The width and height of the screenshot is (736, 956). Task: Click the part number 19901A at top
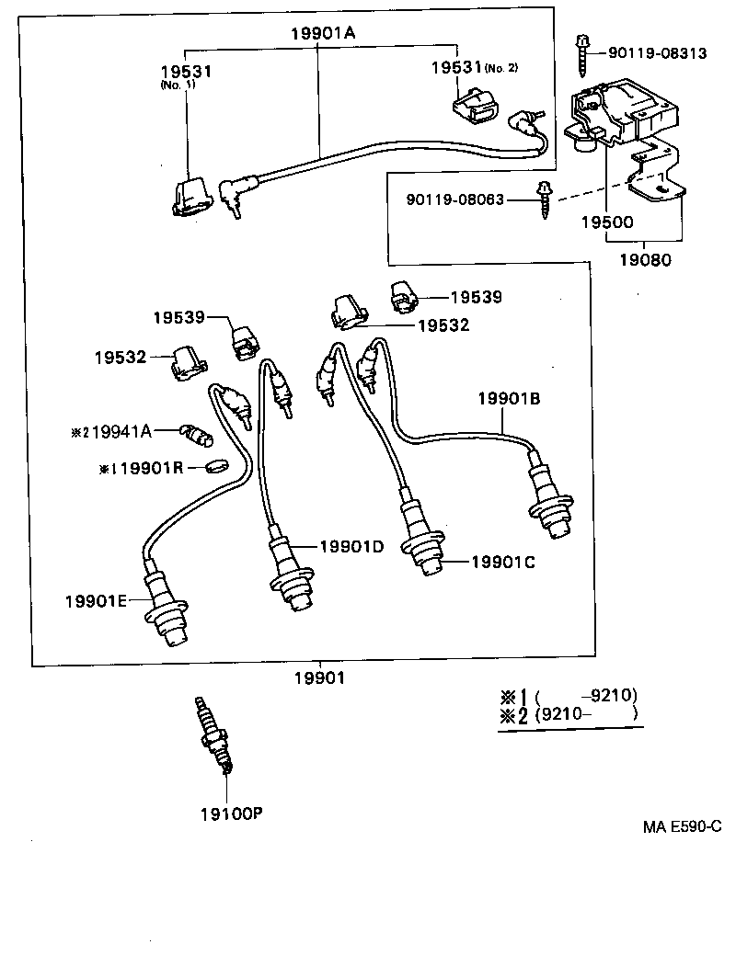[323, 34]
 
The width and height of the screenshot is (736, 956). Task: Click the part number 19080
[644, 259]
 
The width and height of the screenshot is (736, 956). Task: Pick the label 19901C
[502, 562]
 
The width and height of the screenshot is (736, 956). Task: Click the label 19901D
[351, 546]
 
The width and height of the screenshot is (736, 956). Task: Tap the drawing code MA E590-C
[681, 826]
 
